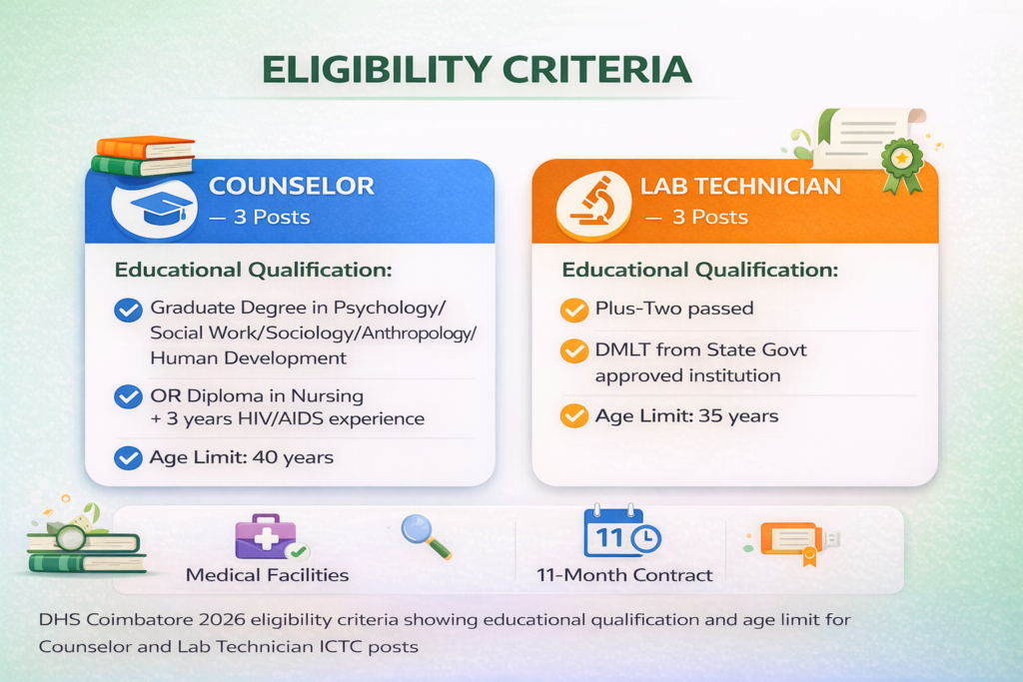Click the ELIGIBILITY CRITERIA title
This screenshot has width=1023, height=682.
(x=476, y=69)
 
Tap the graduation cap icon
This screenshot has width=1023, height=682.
(x=161, y=207)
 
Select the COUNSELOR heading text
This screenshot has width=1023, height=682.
(x=291, y=186)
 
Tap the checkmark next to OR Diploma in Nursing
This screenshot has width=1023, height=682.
(x=129, y=396)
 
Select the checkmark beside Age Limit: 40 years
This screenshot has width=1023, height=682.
(x=129, y=458)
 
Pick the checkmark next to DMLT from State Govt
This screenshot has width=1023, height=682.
(x=574, y=351)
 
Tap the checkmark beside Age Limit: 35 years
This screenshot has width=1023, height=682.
(x=574, y=415)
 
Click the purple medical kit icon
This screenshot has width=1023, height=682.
(x=265, y=537)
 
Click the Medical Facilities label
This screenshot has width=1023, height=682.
(x=268, y=575)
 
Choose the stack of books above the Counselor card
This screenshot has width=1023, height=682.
(x=142, y=156)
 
